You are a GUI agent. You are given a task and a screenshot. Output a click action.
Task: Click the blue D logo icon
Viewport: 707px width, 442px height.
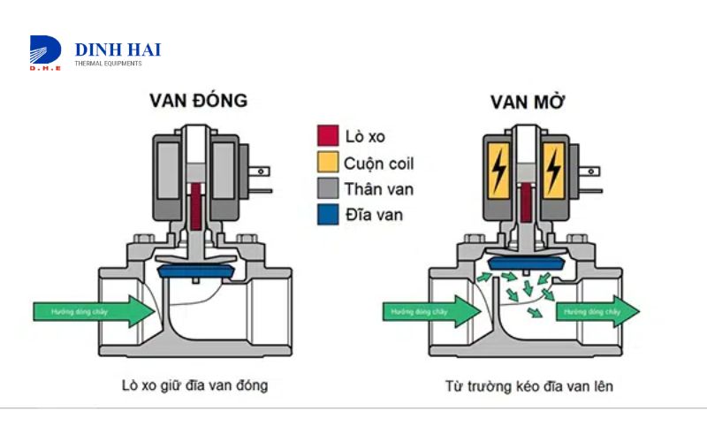tap(45, 52)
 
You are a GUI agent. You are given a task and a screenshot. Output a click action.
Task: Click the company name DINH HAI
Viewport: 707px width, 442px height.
tap(118, 50)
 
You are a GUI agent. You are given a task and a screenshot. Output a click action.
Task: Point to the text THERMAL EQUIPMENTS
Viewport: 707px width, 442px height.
tap(108, 64)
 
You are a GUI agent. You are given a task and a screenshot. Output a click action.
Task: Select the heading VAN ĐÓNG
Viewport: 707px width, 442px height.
tap(197, 101)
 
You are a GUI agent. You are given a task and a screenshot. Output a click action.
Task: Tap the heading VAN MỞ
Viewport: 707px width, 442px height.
tap(527, 101)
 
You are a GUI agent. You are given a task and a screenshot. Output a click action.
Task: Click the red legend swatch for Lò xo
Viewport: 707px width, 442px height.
tap(328, 136)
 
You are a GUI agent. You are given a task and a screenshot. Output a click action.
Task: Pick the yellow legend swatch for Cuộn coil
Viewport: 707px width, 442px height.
tap(328, 163)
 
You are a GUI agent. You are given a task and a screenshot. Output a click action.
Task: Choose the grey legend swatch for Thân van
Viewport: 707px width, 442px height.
tap(328, 188)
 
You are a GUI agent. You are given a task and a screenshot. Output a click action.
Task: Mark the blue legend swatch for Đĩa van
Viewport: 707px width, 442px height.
tap(328, 214)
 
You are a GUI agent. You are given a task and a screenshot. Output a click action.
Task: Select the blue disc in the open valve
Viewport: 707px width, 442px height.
tap(527, 257)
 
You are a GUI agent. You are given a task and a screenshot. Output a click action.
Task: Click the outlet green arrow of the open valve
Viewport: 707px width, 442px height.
tap(597, 311)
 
